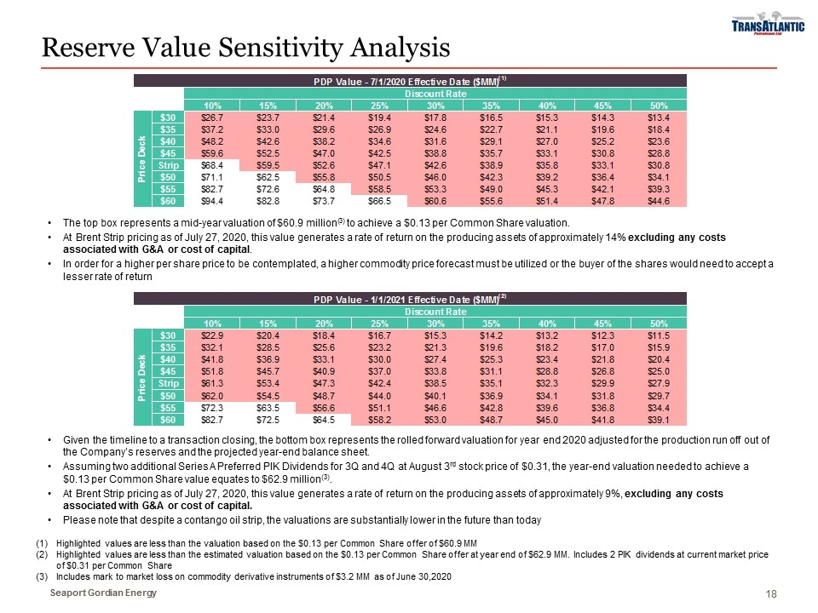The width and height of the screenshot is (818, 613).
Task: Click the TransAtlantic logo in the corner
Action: click(768, 28)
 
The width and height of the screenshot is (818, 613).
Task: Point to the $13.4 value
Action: click(659, 117)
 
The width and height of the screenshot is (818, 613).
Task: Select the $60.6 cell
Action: click(436, 201)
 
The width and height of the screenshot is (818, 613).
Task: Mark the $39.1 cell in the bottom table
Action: click(659, 421)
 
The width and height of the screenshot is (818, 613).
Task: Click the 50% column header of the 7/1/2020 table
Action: click(659, 104)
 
